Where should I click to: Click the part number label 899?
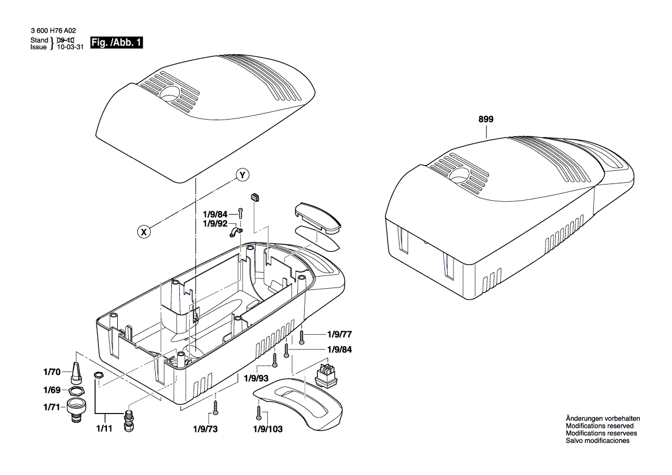(486, 120)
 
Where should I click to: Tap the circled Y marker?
(242, 175)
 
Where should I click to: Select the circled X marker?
(145, 232)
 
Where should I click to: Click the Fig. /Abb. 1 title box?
(116, 43)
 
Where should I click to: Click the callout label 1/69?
(52, 390)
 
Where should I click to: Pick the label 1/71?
(52, 407)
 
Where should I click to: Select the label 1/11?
(105, 428)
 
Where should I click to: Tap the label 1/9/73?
(205, 429)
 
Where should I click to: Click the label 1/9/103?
(268, 429)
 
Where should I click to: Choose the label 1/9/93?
(256, 378)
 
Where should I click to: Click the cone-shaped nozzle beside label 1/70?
(75, 373)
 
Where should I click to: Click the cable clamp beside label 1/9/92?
(235, 232)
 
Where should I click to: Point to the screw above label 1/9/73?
(216, 407)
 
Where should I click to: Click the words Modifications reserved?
(600, 426)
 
